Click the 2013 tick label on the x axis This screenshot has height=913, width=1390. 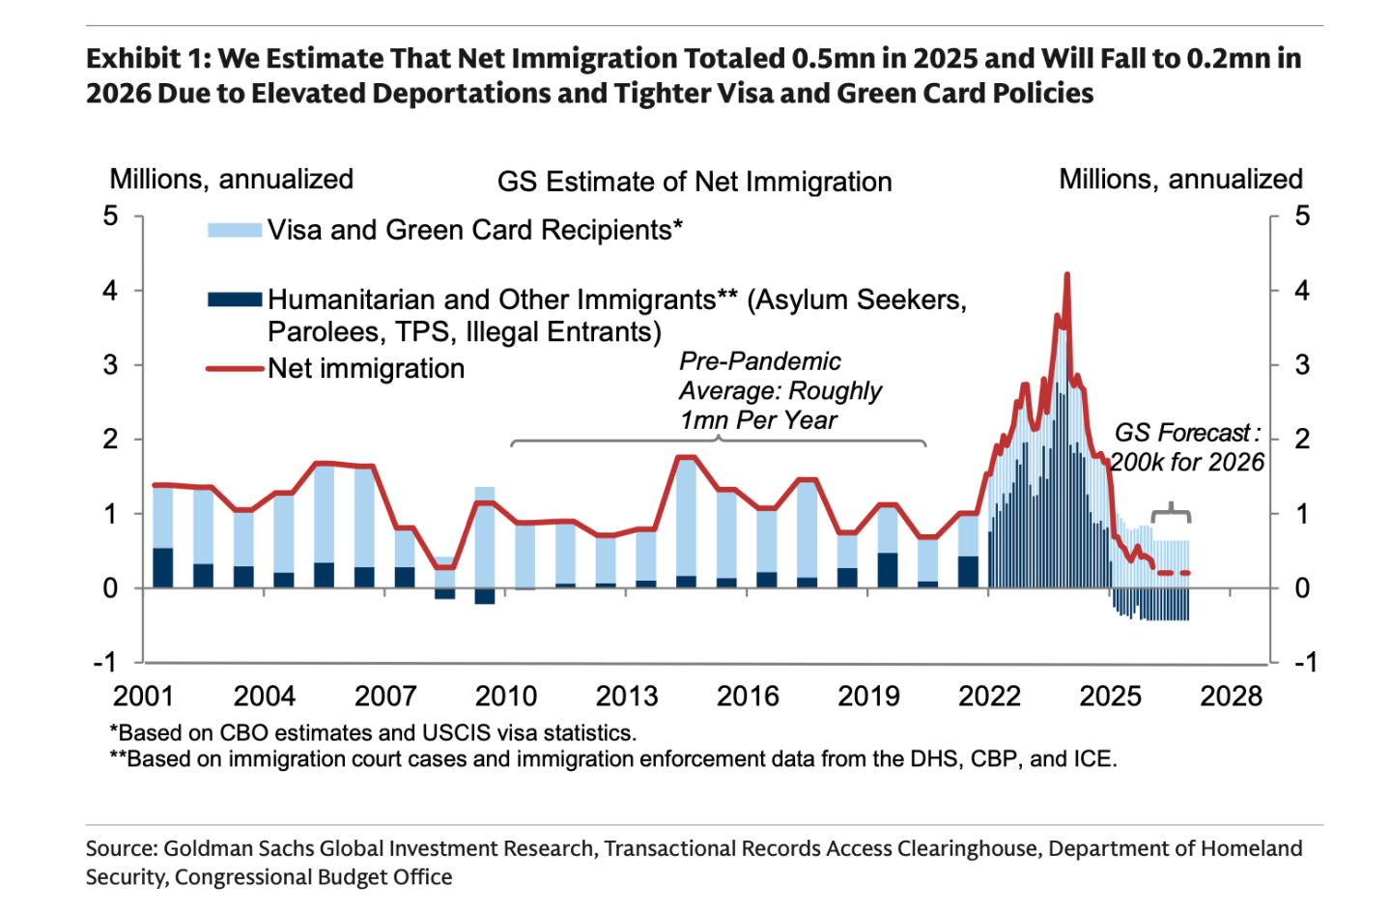click(x=627, y=696)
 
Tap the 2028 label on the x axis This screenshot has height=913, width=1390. click(x=1231, y=696)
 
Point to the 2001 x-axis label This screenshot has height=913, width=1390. click(x=143, y=696)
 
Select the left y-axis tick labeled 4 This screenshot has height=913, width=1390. click(x=111, y=291)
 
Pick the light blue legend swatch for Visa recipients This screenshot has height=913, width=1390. click(x=235, y=230)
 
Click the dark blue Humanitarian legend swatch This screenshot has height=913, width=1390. click(x=235, y=300)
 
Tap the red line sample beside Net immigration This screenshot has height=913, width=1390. click(x=235, y=368)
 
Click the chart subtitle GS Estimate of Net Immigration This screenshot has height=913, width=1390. click(x=694, y=182)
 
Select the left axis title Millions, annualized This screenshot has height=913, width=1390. click(x=231, y=179)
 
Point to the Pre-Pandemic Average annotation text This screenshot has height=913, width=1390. click(x=780, y=390)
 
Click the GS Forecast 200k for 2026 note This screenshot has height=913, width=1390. click(x=1187, y=447)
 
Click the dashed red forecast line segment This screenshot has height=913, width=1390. click(x=1174, y=573)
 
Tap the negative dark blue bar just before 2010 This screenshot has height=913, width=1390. click(x=484, y=596)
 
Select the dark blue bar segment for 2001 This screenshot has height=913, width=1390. click(x=163, y=568)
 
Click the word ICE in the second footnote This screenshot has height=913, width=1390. click(x=1092, y=758)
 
